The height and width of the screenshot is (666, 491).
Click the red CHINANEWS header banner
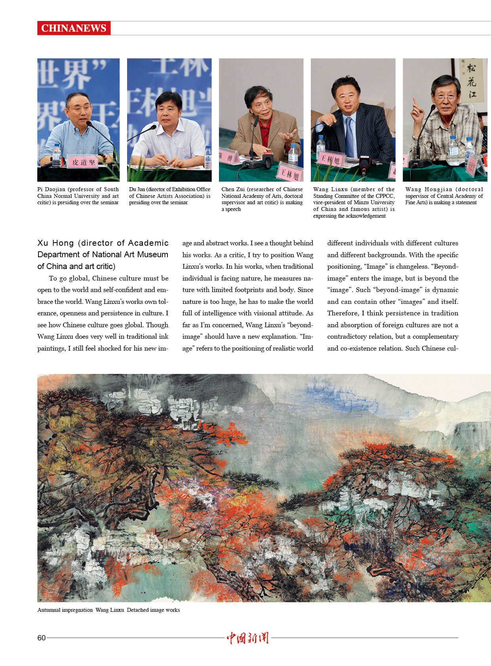point(74,28)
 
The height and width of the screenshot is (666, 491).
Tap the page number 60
point(41,638)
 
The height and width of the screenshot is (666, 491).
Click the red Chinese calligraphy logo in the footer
point(247,638)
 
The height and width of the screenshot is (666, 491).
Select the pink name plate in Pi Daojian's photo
point(82,162)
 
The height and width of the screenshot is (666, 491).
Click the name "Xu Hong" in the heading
point(55,243)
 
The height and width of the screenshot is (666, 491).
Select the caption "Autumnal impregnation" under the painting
point(65,610)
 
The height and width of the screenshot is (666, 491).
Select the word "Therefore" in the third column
point(343,313)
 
